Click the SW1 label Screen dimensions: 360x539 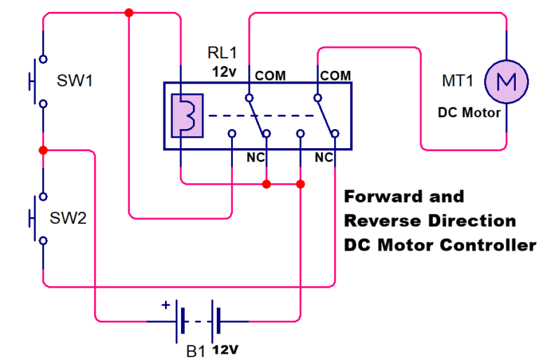point(74,80)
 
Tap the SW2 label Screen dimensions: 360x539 point(68,218)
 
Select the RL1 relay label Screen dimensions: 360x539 point(223,53)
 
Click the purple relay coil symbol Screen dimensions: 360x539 point(187,114)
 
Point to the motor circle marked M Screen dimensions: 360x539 point(507,81)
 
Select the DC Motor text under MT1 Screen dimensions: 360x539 point(470,112)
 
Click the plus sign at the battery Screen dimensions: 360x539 point(166,305)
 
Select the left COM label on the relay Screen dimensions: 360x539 point(269,75)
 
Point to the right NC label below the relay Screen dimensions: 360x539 point(324,158)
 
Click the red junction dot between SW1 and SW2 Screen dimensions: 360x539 point(43,150)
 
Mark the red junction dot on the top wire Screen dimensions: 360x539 point(128,13)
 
